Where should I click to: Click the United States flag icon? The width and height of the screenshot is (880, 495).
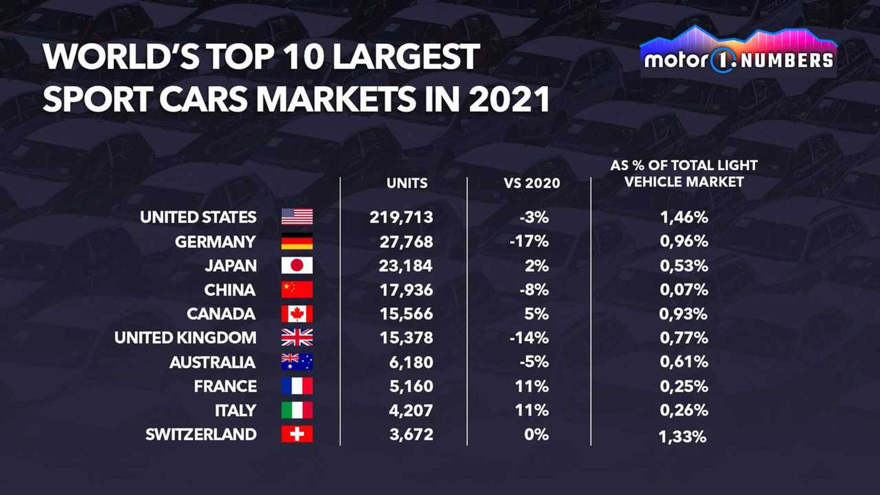(297, 217)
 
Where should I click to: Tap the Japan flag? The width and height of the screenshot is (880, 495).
(297, 265)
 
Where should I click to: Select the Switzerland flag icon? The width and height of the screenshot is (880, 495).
(297, 434)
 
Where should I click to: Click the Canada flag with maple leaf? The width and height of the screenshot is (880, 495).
(297, 314)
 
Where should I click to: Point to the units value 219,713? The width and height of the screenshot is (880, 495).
(401, 217)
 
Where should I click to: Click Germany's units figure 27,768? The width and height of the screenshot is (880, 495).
(406, 242)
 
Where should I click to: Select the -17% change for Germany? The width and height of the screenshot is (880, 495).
(529, 242)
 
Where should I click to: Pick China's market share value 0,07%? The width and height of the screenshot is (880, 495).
(684, 290)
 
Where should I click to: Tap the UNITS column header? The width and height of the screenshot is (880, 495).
(407, 183)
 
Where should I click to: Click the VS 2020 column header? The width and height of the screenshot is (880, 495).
(532, 183)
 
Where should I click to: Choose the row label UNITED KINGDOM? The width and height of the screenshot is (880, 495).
(185, 338)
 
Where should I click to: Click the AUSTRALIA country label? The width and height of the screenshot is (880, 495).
(212, 363)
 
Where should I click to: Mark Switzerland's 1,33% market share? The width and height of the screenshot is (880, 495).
(682, 437)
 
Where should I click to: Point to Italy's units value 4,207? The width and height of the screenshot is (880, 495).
(411, 410)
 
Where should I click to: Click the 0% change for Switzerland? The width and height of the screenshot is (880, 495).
(536, 434)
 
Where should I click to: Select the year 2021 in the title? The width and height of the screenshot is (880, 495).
(509, 99)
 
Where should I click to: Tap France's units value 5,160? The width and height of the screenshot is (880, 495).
(411, 386)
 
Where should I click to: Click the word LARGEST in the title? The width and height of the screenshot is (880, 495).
(406, 57)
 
